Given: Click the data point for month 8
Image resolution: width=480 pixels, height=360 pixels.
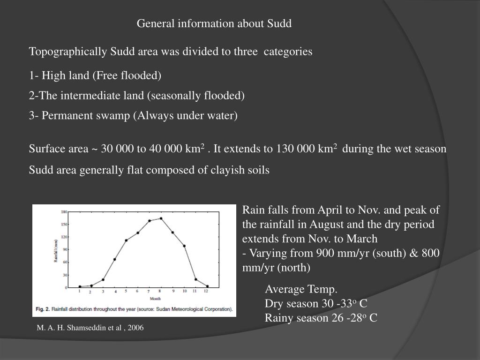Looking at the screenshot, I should pyautogui.click(x=161, y=218).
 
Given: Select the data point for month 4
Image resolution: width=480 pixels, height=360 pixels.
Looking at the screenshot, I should pyautogui.click(x=114, y=259).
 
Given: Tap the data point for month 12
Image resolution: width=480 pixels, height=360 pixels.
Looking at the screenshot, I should pyautogui.click(x=207, y=286).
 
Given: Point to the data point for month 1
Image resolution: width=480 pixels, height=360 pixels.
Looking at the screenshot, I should pyautogui.click(x=80, y=286).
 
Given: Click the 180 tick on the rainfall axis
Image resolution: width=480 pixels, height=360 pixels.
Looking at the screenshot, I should pyautogui.click(x=63, y=212).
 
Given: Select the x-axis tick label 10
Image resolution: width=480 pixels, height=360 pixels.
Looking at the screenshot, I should pyautogui.click(x=185, y=292).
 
